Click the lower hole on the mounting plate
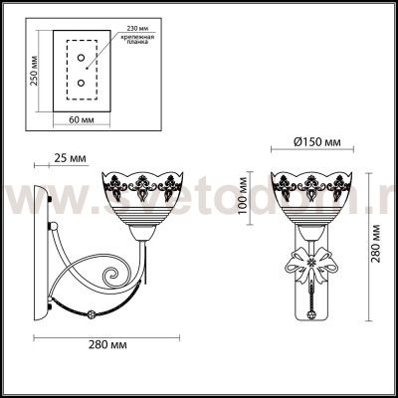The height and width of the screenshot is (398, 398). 80,87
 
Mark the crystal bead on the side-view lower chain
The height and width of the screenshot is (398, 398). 91,314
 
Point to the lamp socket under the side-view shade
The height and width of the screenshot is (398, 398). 142,237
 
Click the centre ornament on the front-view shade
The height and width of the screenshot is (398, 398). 314,185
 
